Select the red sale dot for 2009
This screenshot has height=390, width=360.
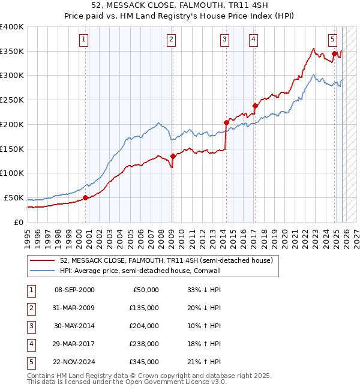coord(172,156)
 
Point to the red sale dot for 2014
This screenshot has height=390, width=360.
coord(226,122)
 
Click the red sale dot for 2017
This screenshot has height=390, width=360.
coord(255,106)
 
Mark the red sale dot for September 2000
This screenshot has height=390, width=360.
coord(85,197)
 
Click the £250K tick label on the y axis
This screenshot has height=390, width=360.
coord(12,100)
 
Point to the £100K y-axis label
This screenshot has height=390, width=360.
coord(12,173)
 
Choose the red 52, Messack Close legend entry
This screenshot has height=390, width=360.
coord(166,260)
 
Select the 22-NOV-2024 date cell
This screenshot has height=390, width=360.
coord(74,362)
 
